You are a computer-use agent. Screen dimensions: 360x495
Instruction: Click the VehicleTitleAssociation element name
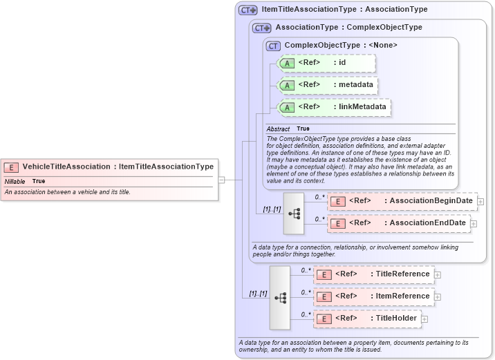(66, 167)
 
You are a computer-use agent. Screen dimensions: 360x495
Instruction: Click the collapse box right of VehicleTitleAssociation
(221, 180)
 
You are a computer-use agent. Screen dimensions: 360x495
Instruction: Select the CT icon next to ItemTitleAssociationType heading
(247, 10)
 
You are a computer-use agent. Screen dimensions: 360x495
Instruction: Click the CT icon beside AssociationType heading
(261, 28)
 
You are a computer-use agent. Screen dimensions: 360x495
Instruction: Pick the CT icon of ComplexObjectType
(273, 46)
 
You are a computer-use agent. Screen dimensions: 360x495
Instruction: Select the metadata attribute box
(328, 85)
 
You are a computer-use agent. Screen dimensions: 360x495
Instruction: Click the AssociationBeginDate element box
(402, 201)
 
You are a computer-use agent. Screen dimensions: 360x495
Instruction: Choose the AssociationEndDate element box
(398, 223)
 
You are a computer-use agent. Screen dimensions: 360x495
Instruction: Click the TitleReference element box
(374, 274)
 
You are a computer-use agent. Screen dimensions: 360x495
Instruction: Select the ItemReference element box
(374, 296)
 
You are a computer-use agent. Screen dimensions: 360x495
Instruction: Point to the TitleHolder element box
(367, 319)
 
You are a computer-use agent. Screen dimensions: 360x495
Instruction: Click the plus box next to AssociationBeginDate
(480, 202)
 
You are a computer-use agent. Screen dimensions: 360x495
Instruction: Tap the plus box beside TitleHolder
(424, 319)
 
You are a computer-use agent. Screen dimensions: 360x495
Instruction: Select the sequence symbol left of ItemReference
(280, 297)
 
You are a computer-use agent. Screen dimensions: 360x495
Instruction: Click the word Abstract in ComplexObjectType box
(278, 129)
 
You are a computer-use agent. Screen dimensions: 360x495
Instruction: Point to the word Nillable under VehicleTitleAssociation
(15, 181)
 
